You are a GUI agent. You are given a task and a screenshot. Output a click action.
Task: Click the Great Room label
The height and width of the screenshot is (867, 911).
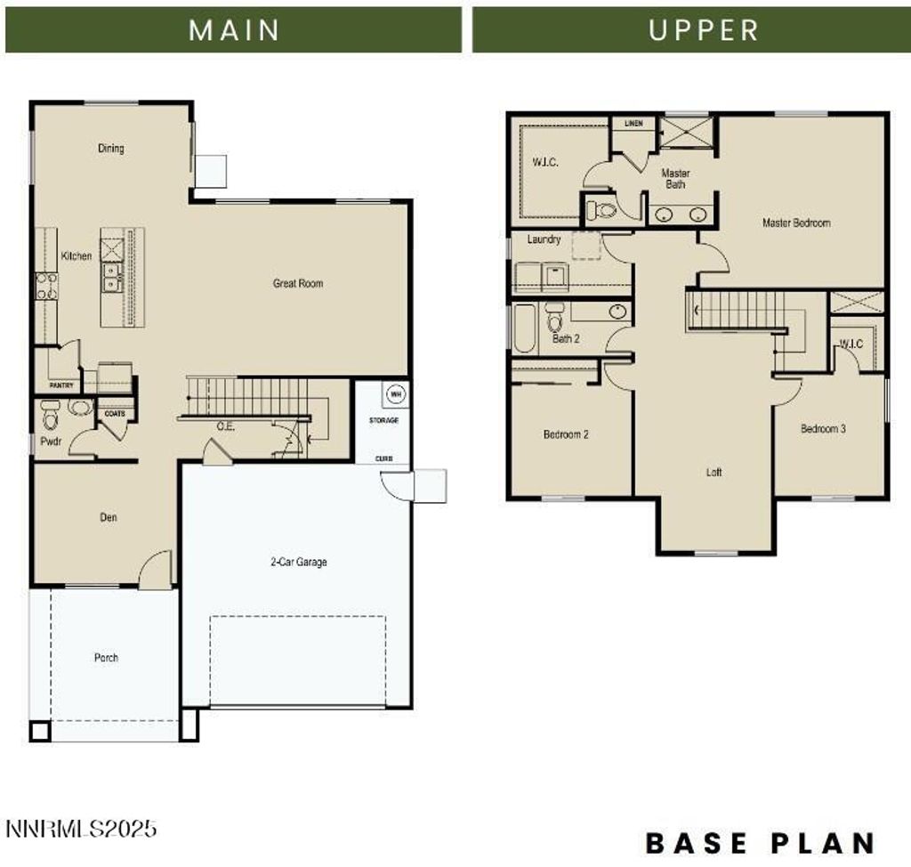[x=298, y=284]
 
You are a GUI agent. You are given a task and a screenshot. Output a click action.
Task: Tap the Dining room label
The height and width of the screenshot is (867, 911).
[x=111, y=149]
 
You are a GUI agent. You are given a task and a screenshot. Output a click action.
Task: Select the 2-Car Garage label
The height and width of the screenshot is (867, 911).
[x=299, y=563]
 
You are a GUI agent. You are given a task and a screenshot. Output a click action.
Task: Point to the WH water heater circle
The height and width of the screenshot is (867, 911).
[x=394, y=393]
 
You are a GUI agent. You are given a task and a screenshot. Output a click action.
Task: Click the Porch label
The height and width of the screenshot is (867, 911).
[x=106, y=658]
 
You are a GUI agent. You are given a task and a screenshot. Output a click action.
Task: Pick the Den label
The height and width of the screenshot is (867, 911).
[x=108, y=517]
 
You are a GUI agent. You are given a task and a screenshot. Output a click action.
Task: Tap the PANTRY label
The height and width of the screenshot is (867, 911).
[x=61, y=385]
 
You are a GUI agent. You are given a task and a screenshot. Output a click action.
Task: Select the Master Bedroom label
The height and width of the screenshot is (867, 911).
[x=796, y=223]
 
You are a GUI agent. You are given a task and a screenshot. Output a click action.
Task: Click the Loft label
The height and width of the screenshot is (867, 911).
[x=713, y=473]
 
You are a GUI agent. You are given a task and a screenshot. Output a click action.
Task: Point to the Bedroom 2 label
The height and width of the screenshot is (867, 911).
[x=566, y=435]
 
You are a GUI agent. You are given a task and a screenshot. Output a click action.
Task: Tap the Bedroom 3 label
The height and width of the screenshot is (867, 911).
[x=823, y=429]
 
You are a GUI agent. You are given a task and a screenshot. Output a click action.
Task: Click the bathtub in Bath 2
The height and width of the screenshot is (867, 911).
[x=523, y=328]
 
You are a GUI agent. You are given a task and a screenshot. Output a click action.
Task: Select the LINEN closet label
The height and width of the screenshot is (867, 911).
[x=633, y=124]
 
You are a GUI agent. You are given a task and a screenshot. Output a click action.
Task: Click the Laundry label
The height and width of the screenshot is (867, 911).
[x=544, y=239]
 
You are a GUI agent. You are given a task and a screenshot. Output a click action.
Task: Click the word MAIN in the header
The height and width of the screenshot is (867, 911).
[x=234, y=29]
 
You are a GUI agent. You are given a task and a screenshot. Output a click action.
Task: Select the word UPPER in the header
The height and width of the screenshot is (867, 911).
[x=704, y=29]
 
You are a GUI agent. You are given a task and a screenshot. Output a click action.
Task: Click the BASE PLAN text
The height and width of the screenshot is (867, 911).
[x=760, y=842]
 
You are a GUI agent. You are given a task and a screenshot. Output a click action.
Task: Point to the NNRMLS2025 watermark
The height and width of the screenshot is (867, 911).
[x=81, y=829]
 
